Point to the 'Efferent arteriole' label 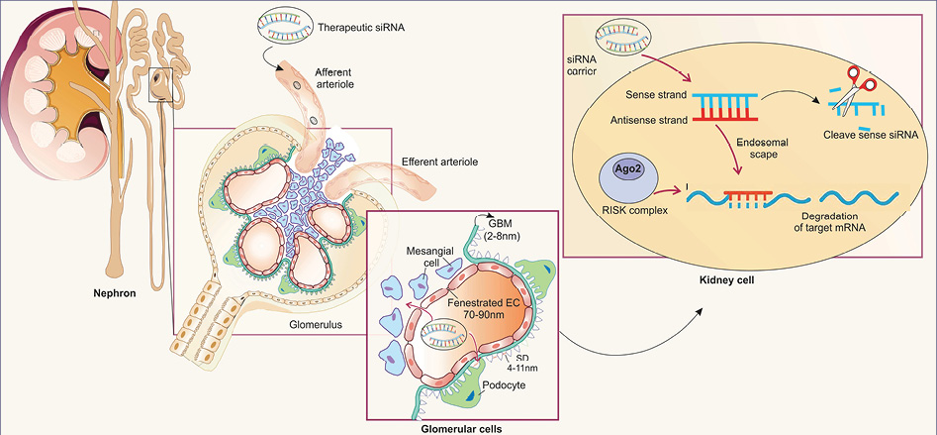[x=439, y=162]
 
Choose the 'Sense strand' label [x=654, y=95]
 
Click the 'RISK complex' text [x=626, y=210]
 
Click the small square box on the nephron [x=160, y=84]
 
